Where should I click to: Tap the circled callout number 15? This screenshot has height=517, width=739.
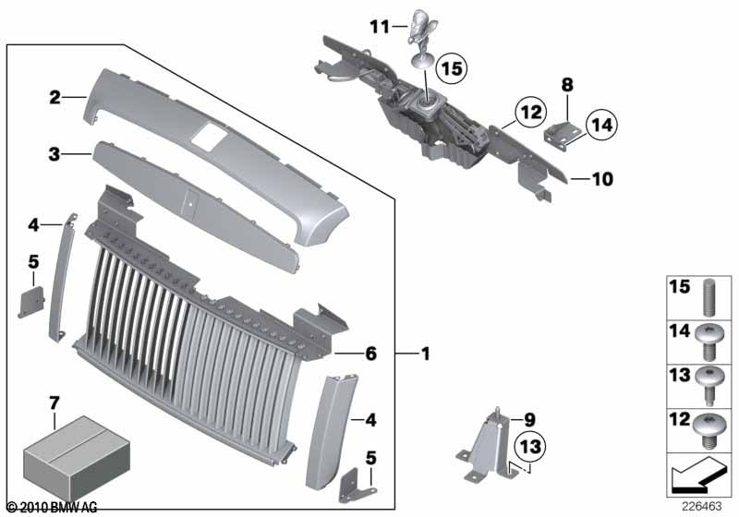451,68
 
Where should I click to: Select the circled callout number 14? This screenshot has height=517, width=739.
602,125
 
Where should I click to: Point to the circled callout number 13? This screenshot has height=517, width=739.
530,446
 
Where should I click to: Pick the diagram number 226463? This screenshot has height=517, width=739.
702,507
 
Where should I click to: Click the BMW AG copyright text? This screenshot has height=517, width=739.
53,508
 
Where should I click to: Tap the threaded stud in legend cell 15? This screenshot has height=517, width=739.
710,298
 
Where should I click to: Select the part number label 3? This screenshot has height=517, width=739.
55,154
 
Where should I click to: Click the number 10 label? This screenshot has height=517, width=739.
602,179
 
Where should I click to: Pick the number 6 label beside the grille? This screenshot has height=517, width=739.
371,354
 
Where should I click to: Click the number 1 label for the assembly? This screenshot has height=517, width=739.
426,354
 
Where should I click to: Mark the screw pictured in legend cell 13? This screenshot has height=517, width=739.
709,385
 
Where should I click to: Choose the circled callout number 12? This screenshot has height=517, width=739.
530,112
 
